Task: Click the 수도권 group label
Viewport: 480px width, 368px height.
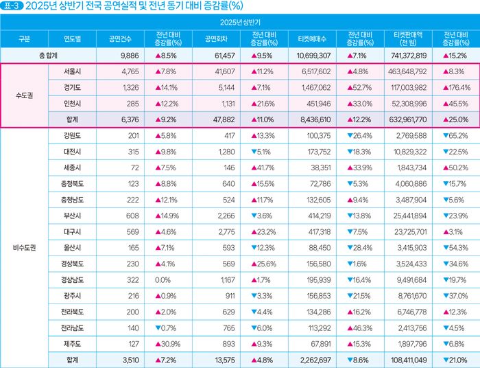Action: [25, 95]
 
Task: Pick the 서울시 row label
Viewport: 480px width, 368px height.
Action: [72, 71]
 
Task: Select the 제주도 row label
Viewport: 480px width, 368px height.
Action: [72, 343]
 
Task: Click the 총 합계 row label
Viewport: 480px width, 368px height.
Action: [49, 54]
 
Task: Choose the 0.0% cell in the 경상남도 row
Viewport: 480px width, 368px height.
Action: [163, 280]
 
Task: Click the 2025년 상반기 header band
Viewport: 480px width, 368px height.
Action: [240, 22]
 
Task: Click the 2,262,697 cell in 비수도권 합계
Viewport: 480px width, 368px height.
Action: [313, 359]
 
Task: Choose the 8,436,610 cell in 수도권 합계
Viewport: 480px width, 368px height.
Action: [313, 119]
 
